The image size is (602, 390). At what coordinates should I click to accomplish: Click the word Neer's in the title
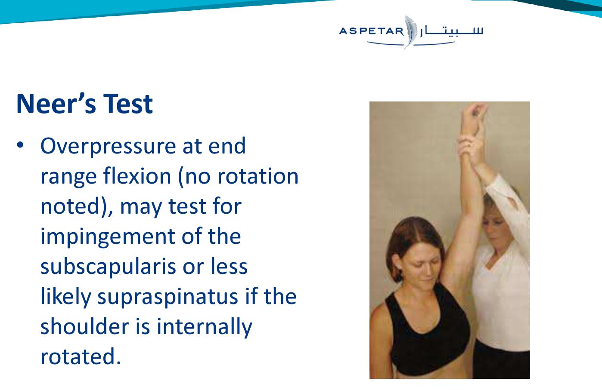(x=56, y=104)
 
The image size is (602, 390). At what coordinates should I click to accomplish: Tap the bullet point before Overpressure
(x=20, y=145)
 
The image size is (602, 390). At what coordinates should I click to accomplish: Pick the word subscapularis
(x=109, y=267)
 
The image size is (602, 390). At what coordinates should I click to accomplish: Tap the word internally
(x=204, y=327)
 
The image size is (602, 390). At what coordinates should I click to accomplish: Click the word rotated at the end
(x=81, y=357)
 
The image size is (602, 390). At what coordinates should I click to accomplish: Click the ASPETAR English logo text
(x=372, y=31)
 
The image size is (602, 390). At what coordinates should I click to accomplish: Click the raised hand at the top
(x=473, y=118)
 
